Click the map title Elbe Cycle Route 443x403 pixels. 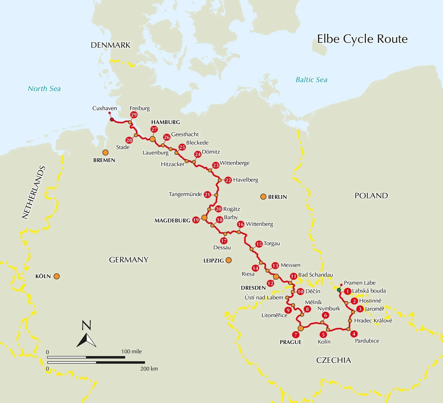tap(362, 39)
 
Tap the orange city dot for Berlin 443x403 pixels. tap(263, 197)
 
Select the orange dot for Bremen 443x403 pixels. tap(105, 153)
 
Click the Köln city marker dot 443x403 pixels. tap(57, 276)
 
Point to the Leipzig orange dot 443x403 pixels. tap(229, 260)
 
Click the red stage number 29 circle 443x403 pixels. tap(134, 115)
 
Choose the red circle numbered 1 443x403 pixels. tap(348, 291)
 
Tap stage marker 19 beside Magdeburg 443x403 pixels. tap(196, 220)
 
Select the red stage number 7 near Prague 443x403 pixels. tap(295, 335)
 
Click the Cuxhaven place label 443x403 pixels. tap(105, 108)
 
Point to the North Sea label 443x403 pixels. tap(44, 88)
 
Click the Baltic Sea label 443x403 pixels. tap(311, 80)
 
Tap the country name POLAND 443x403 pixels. tap(371, 196)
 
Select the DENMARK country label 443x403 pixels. tap(110, 45)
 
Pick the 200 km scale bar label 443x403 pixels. tap(149, 369)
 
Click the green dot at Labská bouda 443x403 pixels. tap(339, 290)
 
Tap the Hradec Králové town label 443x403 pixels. tap(373, 320)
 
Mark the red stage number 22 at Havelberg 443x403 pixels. tap(228, 180)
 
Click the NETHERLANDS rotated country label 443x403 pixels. tap(34, 192)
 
